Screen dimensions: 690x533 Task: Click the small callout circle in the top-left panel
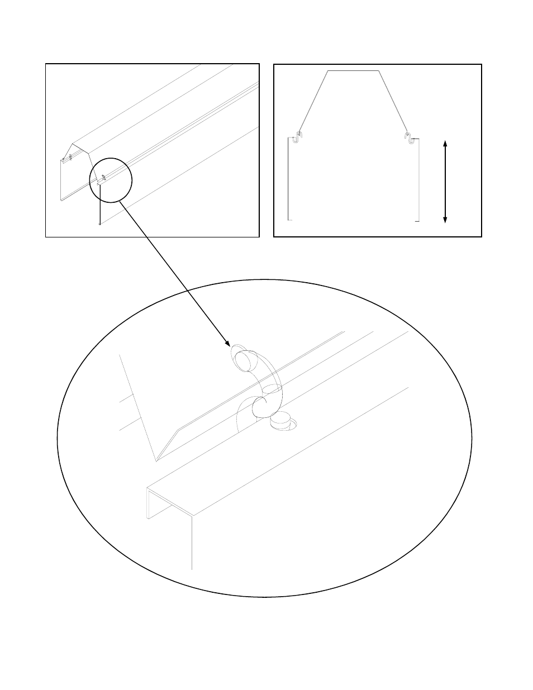[x=111, y=179]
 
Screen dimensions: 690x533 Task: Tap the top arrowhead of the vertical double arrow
[x=445, y=144]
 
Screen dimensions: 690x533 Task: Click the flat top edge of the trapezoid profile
[x=354, y=71]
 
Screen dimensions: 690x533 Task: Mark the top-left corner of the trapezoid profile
[x=327, y=71]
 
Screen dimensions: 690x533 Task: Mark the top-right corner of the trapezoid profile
[x=380, y=71]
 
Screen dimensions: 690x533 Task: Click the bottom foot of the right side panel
[x=417, y=221]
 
